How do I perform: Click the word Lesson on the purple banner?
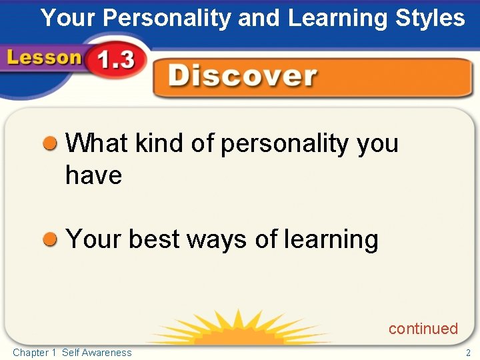[x=44, y=58]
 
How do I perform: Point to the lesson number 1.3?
[x=115, y=61]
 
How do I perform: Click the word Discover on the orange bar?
[x=243, y=76]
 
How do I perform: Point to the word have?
[x=93, y=175]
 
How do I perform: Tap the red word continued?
[x=423, y=329]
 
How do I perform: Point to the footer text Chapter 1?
[x=35, y=353]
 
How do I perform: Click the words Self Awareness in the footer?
[x=97, y=353]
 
